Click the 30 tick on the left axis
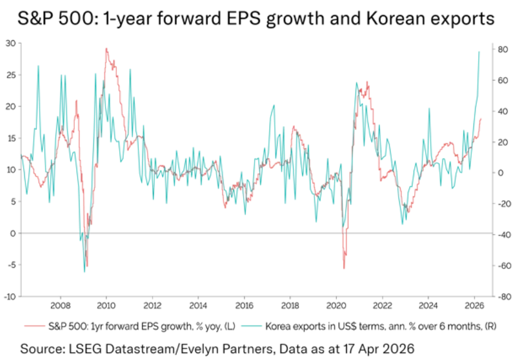coord(11,43)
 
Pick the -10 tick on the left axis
coord(10,297)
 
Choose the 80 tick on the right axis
coord(502,50)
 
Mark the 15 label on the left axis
coord(11,138)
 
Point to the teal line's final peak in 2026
coord(479,52)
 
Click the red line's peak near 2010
coord(106,48)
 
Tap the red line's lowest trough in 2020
coord(344,268)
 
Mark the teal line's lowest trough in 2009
coord(84,272)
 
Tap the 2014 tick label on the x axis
coord(198,306)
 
